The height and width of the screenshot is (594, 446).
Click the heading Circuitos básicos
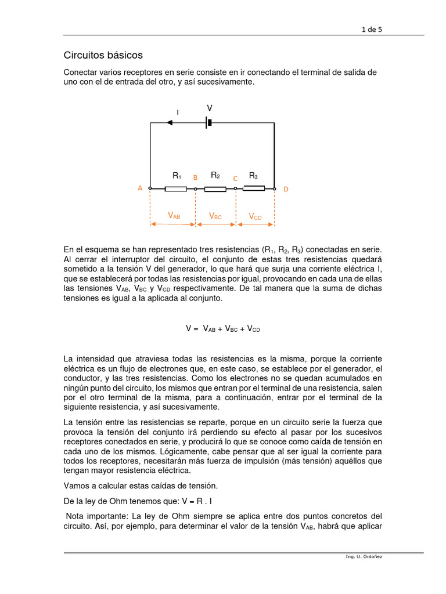[x=103, y=56]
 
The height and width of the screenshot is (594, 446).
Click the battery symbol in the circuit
[x=208, y=122]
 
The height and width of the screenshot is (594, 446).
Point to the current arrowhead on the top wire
[x=170, y=122]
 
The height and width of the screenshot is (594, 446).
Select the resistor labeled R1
[x=175, y=189]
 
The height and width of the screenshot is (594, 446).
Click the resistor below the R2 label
[x=215, y=189]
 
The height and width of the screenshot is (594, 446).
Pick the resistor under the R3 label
[x=254, y=188]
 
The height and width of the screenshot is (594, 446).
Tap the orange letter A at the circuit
[x=140, y=189]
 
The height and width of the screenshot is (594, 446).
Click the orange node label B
[x=195, y=178]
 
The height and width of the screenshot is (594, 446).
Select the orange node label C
[x=235, y=179]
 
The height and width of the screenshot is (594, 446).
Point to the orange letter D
[x=285, y=189]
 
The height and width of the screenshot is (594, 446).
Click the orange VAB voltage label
[x=174, y=216]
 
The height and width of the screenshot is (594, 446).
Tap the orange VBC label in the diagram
[x=215, y=216]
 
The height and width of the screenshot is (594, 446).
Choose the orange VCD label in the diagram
[x=255, y=216]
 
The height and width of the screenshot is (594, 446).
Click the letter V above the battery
[x=210, y=108]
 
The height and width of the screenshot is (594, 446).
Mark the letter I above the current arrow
[x=178, y=112]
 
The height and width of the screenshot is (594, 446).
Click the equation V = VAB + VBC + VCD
[x=223, y=328]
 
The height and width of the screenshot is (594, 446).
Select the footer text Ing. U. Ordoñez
[x=364, y=556]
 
